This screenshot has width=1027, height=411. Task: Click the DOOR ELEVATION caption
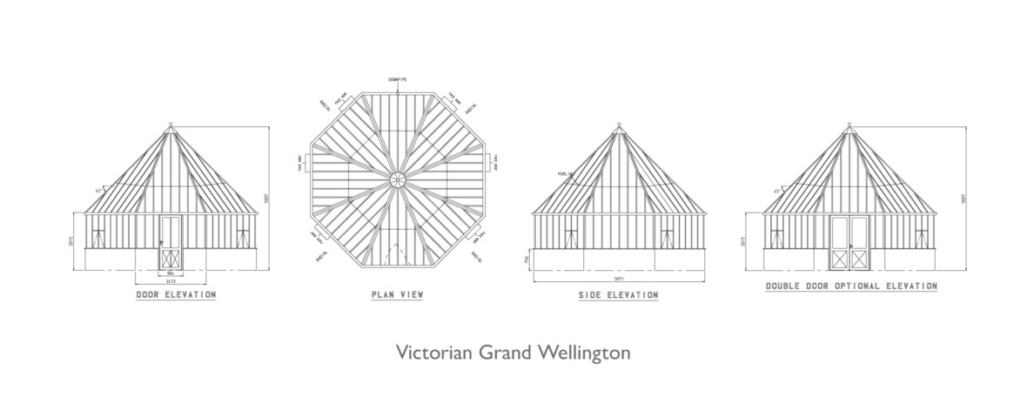click(x=176, y=295)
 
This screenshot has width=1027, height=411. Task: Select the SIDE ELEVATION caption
click(x=618, y=296)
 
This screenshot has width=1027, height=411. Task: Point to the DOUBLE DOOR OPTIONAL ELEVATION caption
click(x=850, y=286)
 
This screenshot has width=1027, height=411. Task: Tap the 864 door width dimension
click(x=171, y=273)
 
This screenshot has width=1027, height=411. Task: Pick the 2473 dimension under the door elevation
click(x=171, y=281)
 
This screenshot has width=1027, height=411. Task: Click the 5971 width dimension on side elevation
click(x=619, y=279)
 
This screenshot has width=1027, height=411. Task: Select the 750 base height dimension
click(x=526, y=259)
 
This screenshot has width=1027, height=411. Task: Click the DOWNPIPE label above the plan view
click(x=397, y=79)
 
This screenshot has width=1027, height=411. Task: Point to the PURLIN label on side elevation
click(x=565, y=174)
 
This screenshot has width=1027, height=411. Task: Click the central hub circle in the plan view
click(x=397, y=180)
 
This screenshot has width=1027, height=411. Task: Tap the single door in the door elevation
click(x=171, y=242)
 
